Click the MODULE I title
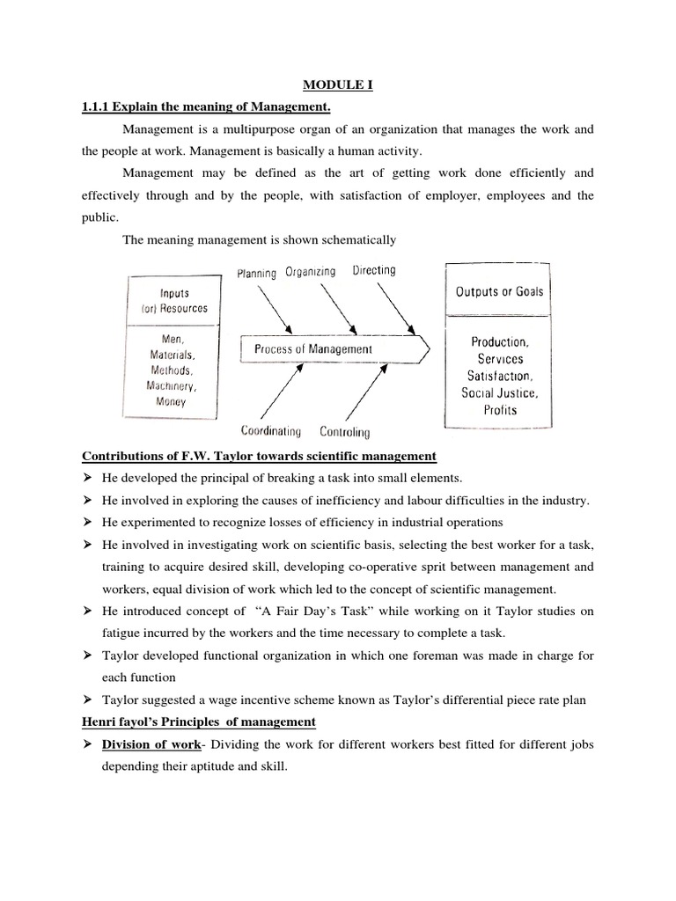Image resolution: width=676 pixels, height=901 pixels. [x=338, y=85]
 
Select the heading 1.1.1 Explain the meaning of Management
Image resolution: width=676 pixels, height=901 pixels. [x=206, y=107]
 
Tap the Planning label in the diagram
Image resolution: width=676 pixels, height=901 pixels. [x=257, y=274]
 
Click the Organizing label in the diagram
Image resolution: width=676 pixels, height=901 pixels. [x=310, y=272]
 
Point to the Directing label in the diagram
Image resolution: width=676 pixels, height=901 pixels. [x=374, y=270]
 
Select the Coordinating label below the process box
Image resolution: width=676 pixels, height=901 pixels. [x=271, y=431]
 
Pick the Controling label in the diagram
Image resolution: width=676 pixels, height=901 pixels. [x=345, y=432]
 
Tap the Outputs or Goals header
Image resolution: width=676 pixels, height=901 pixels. [x=499, y=292]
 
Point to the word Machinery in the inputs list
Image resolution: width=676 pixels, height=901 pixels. [x=173, y=386]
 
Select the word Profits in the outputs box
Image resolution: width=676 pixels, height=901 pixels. [x=499, y=409]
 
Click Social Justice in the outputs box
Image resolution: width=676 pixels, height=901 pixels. [x=499, y=392]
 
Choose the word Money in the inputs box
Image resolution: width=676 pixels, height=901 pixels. [x=173, y=401]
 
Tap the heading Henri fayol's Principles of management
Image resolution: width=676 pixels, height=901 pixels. [x=198, y=722]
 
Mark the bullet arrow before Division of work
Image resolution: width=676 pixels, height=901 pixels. [x=88, y=744]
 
